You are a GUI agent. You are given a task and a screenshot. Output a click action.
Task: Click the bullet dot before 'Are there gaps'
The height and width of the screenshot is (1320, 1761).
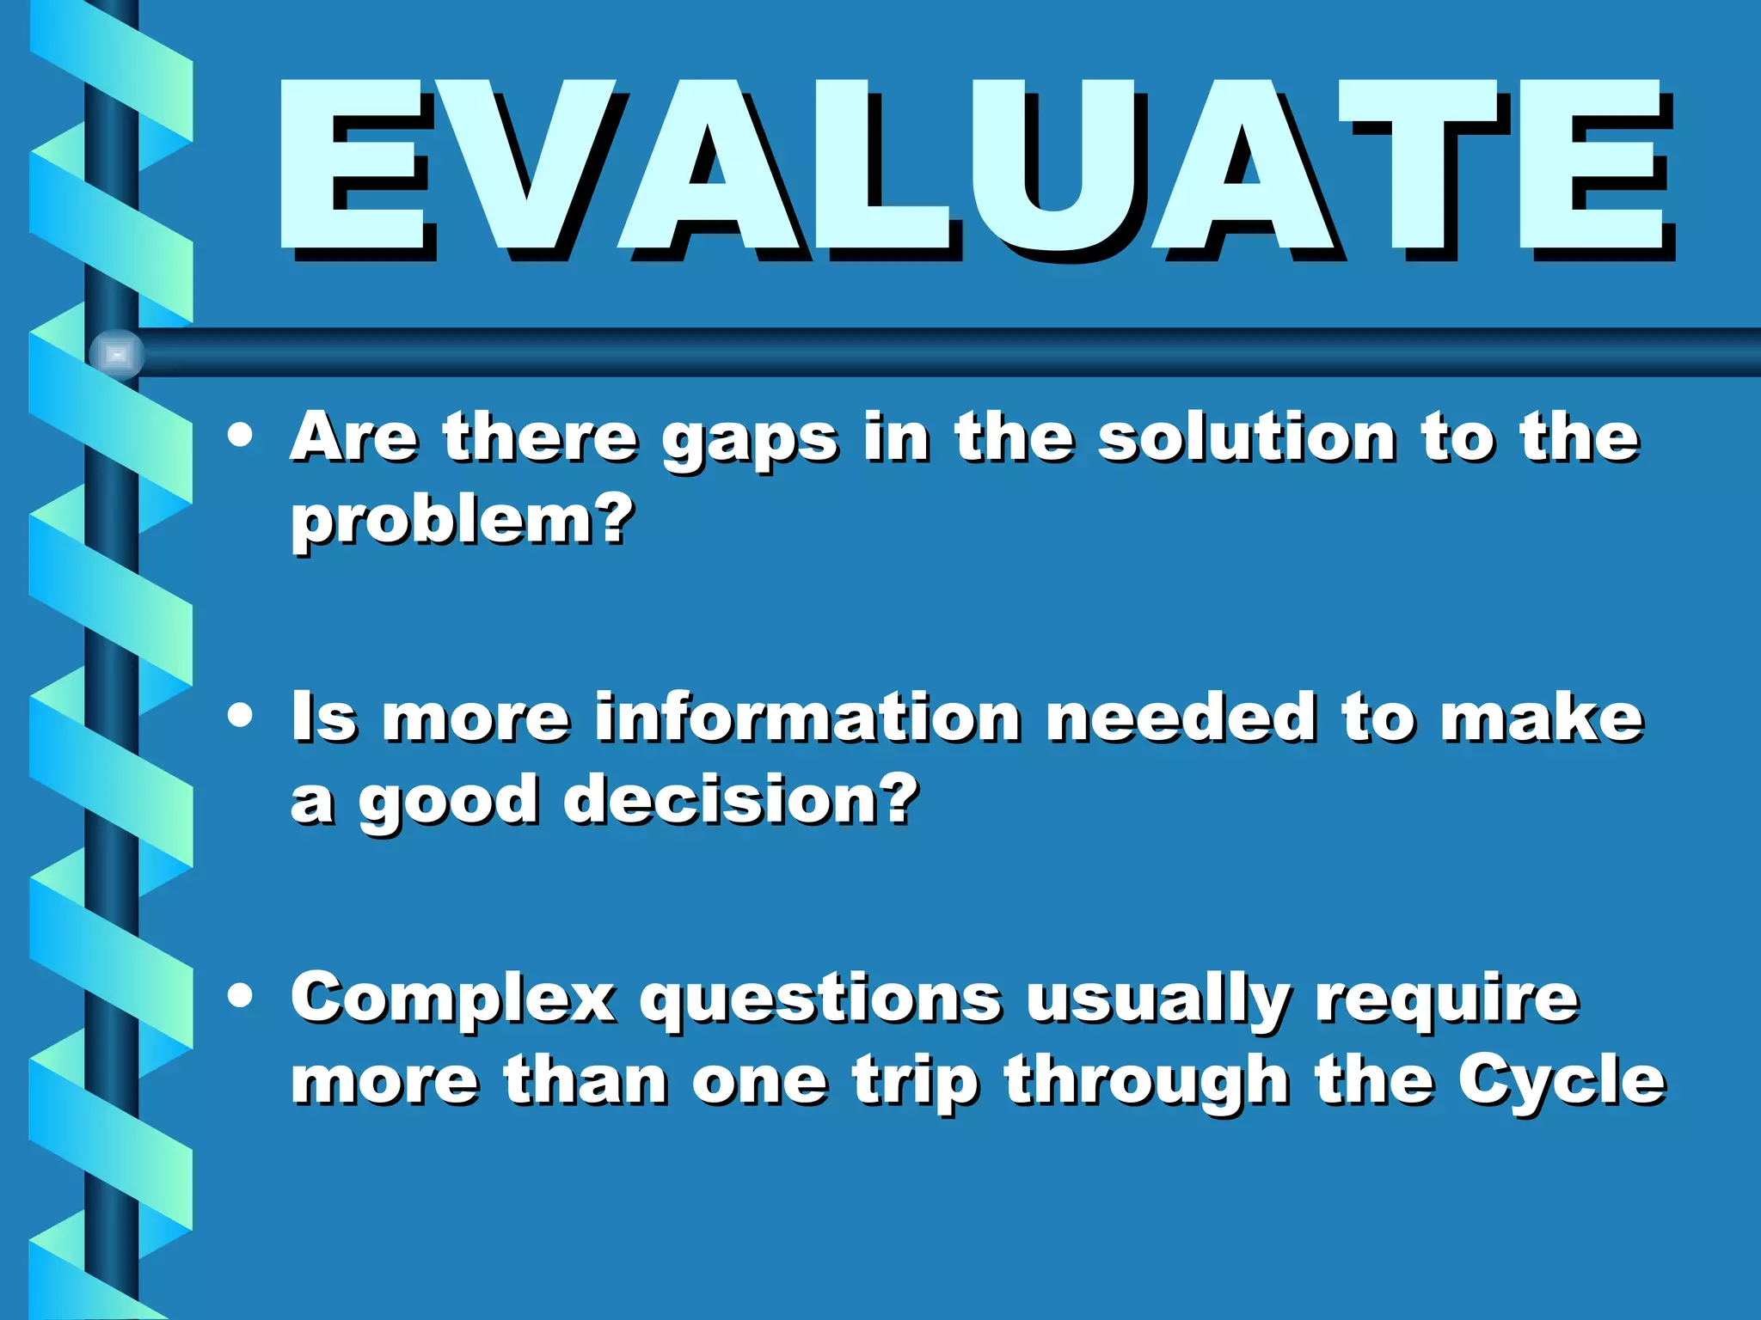click(241, 436)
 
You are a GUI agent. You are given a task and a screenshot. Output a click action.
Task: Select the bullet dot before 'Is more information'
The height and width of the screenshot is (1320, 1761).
click(241, 716)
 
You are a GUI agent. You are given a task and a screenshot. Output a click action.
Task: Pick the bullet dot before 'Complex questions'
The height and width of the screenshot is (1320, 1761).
click(241, 995)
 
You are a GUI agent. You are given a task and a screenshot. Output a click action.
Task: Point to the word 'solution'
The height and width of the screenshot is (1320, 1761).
click(1247, 438)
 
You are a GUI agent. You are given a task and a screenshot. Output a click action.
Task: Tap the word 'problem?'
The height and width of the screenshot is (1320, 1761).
click(463, 522)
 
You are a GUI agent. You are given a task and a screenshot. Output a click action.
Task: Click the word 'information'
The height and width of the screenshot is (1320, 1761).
click(807, 718)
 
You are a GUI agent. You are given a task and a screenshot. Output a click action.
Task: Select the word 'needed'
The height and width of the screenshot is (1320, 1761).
click(1180, 718)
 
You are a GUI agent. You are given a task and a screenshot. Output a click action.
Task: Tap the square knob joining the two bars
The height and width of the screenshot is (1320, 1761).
click(117, 354)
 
